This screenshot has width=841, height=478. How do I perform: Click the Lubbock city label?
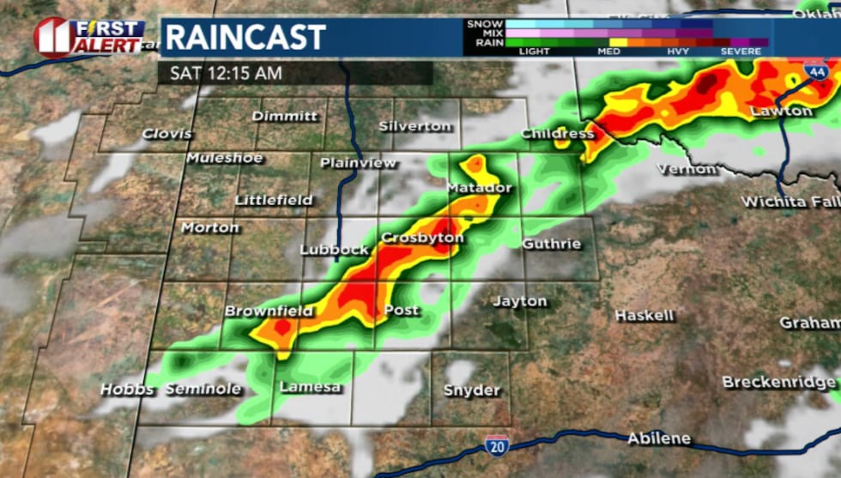coord(334,250)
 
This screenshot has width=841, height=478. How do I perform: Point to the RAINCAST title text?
coord(245,37)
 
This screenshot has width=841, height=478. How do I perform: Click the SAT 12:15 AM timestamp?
coord(225,73)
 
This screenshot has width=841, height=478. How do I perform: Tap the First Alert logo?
coord(89,38)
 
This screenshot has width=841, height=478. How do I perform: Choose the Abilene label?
coord(658,439)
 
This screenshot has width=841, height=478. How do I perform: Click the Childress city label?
coord(557,134)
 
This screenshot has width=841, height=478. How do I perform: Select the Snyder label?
coord(471,390)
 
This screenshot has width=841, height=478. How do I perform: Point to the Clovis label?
coord(167,134)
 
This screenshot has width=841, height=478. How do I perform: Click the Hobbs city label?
coord(127,390)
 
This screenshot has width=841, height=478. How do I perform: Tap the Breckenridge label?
coord(778,382)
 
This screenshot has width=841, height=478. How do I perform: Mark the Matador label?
coord(479,188)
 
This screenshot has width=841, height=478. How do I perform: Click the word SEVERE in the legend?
coord(741,51)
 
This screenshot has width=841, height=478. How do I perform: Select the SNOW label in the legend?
coord(485,24)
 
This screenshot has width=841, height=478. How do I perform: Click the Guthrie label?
coord(551,244)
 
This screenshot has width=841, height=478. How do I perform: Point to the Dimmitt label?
coord(285,116)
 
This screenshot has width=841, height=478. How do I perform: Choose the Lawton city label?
coord(781,112)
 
